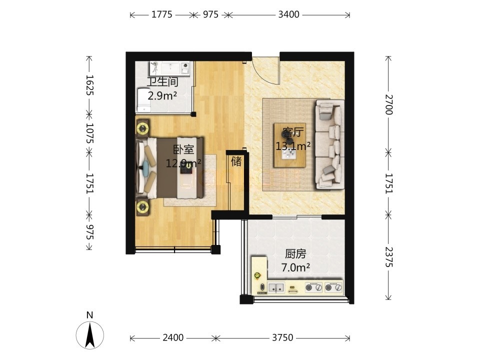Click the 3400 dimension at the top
click(x=288, y=14)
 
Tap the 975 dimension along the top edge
click(x=210, y=14)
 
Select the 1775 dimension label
click(x=162, y=14)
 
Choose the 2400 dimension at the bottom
click(x=173, y=337)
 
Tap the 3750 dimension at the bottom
click(x=282, y=337)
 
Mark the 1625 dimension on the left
click(x=89, y=85)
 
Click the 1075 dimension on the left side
click(x=89, y=133)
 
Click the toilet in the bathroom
click(x=143, y=100)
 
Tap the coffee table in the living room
click(x=289, y=145)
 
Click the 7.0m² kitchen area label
click(x=295, y=268)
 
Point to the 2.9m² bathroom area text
click(x=162, y=96)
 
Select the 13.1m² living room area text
click(x=293, y=146)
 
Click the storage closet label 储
click(x=236, y=161)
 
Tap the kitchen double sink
click(x=276, y=288)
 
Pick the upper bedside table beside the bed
click(x=142, y=128)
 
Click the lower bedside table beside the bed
click(x=142, y=207)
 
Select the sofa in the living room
click(x=329, y=144)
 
